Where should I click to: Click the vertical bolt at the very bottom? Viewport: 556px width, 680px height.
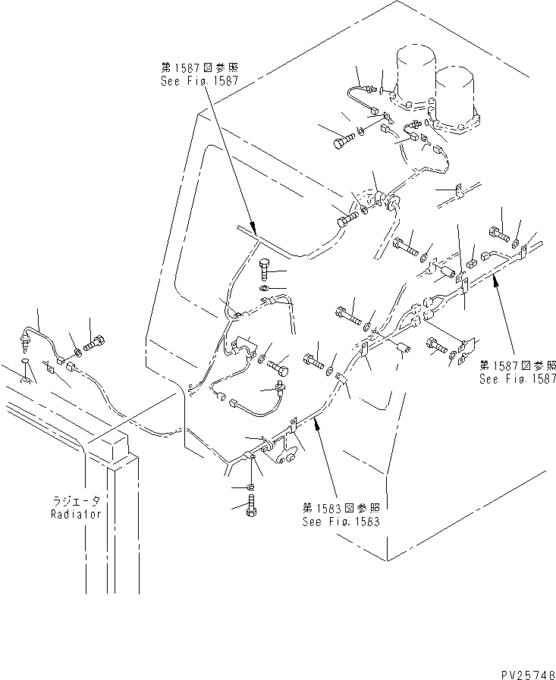coord(253,506)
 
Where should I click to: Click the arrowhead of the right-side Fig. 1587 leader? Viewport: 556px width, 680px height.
coord(494,279)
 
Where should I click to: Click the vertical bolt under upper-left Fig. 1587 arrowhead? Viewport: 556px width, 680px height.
coord(265,268)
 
